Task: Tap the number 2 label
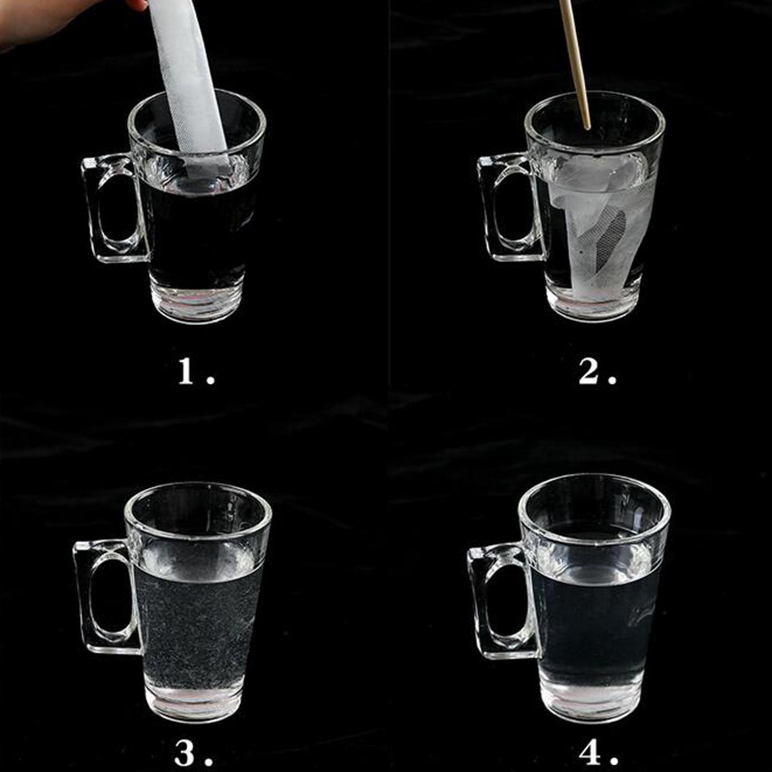(597, 372)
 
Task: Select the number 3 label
(193, 753)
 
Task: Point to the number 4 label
(597, 753)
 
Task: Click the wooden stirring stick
(575, 63)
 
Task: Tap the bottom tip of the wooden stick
(588, 128)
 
